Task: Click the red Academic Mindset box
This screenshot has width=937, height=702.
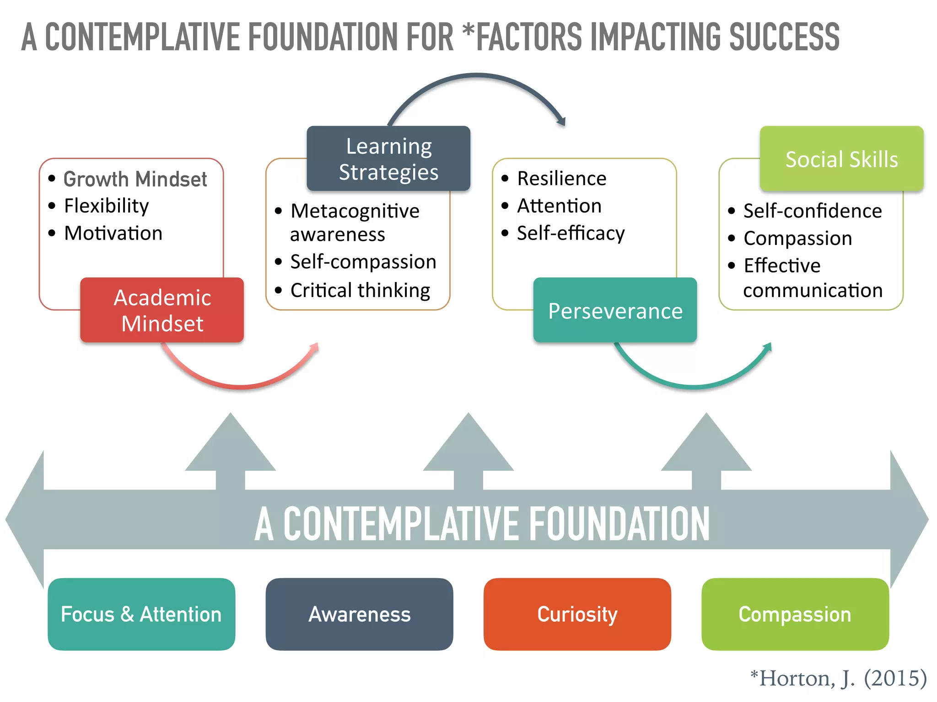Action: click(162, 310)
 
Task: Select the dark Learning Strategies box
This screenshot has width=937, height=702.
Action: click(388, 159)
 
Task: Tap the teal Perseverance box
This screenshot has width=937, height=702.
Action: click(615, 311)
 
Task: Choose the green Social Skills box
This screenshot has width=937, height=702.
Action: click(841, 159)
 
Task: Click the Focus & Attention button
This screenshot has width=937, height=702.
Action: click(141, 614)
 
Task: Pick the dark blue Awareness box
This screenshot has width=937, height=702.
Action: click(359, 614)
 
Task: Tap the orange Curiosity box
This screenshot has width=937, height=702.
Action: click(577, 614)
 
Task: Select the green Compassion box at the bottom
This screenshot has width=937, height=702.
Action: click(795, 614)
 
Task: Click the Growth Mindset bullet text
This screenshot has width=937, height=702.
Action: click(135, 179)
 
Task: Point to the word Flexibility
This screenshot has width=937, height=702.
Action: click(106, 206)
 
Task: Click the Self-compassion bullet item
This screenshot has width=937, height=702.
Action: click(363, 262)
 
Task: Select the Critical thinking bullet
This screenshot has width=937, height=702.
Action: click(360, 290)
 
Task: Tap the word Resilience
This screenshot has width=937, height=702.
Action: click(561, 178)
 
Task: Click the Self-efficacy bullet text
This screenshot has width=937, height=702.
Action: click(571, 233)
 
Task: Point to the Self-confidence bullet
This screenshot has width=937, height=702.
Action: click(812, 211)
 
